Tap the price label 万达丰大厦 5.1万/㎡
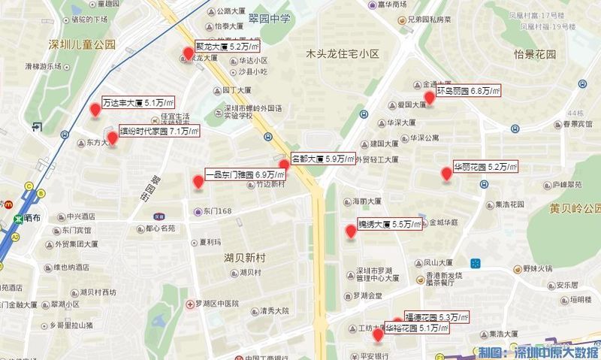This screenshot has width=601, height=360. [138, 103]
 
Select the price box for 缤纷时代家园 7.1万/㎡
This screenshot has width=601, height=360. [159, 132]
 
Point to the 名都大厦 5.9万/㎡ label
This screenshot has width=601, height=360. [322, 159]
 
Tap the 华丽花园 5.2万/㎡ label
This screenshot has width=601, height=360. [486, 167]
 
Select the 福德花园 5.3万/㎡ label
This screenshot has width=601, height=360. [436, 317]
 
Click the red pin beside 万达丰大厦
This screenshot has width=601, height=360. [95, 110]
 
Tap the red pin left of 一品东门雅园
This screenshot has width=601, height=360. [198, 181]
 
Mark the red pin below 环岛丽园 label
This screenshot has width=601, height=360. [430, 98]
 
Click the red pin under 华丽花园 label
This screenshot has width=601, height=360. [446, 174]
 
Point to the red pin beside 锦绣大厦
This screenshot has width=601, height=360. [350, 231]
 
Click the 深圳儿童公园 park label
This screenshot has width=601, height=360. [83, 44]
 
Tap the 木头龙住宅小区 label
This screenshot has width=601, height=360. [343, 54]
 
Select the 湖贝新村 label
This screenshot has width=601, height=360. [246, 258]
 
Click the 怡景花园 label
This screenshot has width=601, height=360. [534, 55]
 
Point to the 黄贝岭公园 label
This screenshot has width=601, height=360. [575, 208]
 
